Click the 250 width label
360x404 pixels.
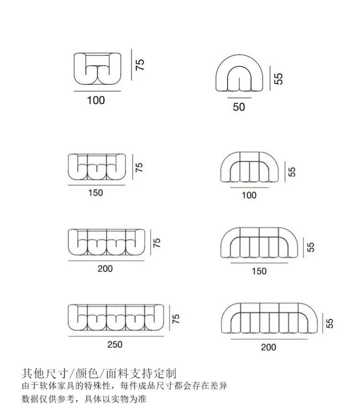point(115,344)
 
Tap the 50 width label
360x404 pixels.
point(239,107)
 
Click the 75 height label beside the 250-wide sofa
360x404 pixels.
point(176,318)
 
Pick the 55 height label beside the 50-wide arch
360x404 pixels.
point(279,78)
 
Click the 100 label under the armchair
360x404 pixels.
point(96,100)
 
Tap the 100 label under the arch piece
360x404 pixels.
point(249,195)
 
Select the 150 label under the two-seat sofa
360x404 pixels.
point(95,192)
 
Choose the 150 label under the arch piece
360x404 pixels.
point(259,271)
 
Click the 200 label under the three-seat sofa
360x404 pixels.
point(105,269)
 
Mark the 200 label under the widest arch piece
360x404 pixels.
point(268,347)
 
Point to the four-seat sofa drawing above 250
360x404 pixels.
point(117,318)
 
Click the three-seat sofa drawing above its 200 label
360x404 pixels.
point(107,242)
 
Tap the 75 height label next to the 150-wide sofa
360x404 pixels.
point(140,167)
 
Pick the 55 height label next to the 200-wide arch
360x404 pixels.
point(330,323)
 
